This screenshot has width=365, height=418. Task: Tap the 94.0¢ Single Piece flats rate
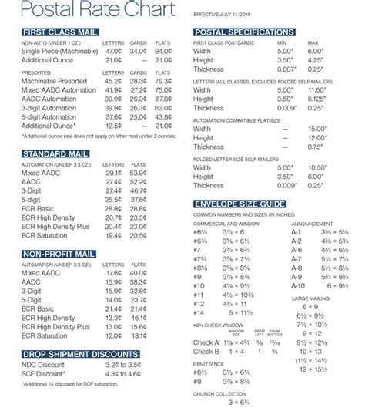[x=161, y=50]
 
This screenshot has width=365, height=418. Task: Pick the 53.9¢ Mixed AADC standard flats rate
[x=139, y=173]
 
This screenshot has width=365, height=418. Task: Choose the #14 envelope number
[x=199, y=312]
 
